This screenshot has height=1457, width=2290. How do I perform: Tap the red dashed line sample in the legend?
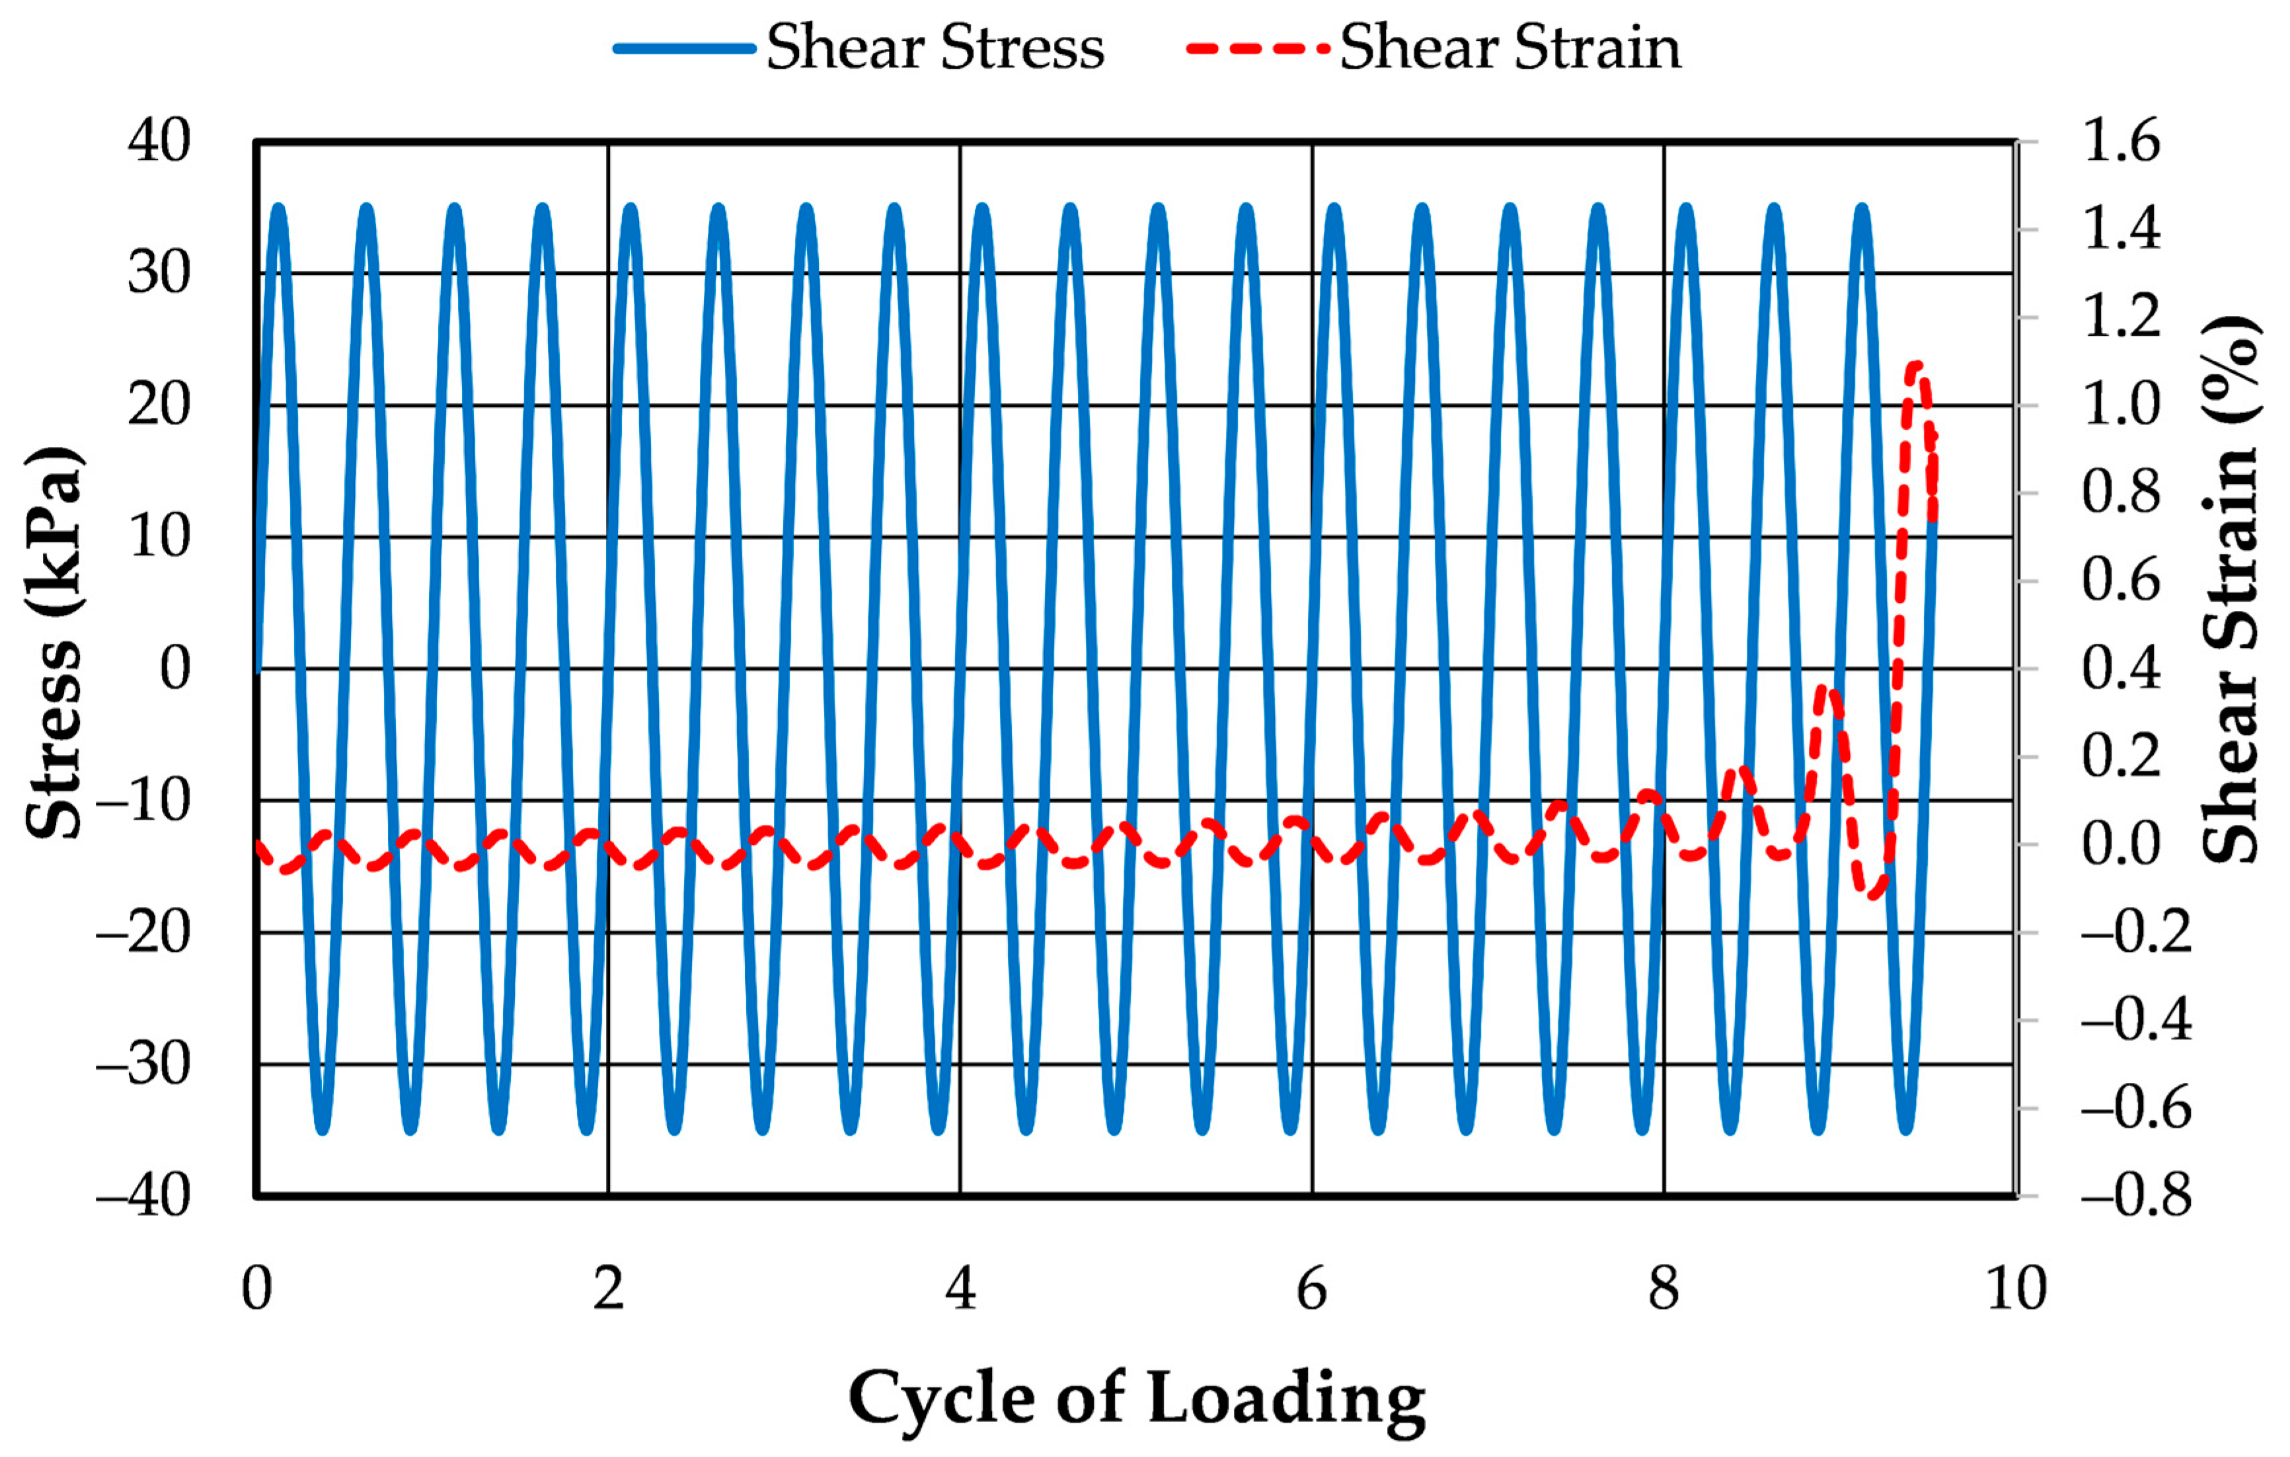coord(1257,48)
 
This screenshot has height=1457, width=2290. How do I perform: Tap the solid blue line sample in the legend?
coord(685,48)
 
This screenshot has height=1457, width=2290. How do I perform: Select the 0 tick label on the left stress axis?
coord(175,668)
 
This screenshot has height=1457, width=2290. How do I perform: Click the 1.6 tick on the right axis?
coord(2121,141)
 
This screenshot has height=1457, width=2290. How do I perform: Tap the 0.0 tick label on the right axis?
coord(2121,844)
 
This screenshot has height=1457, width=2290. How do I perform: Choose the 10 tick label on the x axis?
coord(2016,1290)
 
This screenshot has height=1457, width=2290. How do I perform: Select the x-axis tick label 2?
coord(609,1290)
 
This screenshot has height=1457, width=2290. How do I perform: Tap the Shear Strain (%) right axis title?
coord(2230,590)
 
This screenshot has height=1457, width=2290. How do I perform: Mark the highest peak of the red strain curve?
coord(1916,364)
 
